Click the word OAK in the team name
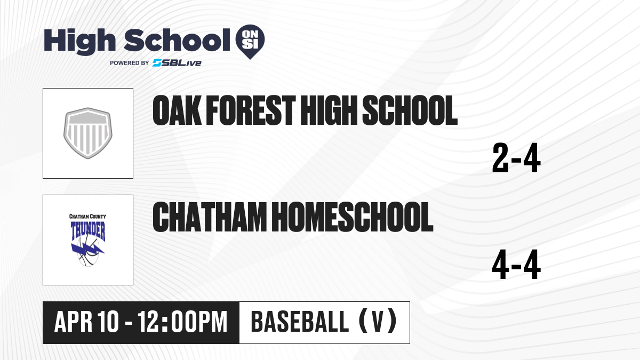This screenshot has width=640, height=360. click(177, 110)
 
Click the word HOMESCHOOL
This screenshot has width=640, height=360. click(353, 217)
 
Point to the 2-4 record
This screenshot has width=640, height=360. click(516, 158)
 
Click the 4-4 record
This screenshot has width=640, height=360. click(516, 265)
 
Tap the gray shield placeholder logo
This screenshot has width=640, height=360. click(88, 133)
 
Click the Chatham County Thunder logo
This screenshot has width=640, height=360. click(88, 240)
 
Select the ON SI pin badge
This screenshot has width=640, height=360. click(250, 42)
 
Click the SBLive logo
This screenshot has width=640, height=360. click(177, 63)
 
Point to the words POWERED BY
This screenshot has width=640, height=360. click(130, 63)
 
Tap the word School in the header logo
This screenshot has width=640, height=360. click(177, 40)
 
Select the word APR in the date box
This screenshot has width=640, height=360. click(73, 322)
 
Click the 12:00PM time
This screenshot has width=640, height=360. click(182, 322)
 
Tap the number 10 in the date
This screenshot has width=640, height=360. click(108, 322)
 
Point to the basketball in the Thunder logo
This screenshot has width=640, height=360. click(89, 251)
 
